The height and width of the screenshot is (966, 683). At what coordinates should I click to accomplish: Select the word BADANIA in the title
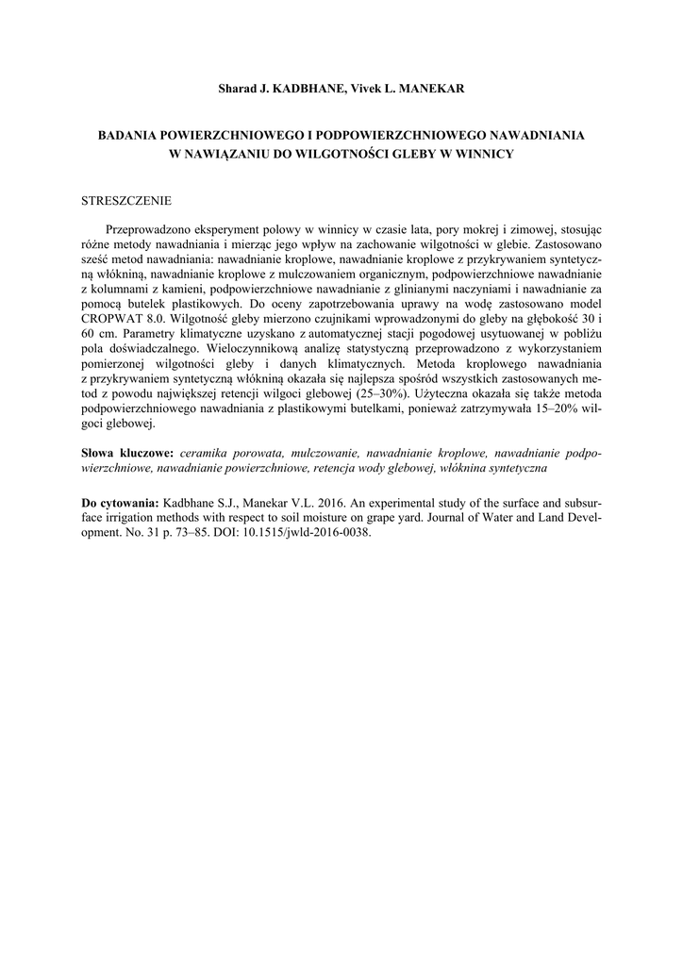click(131, 135)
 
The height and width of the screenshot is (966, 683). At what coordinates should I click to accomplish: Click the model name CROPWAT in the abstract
click(114, 321)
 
